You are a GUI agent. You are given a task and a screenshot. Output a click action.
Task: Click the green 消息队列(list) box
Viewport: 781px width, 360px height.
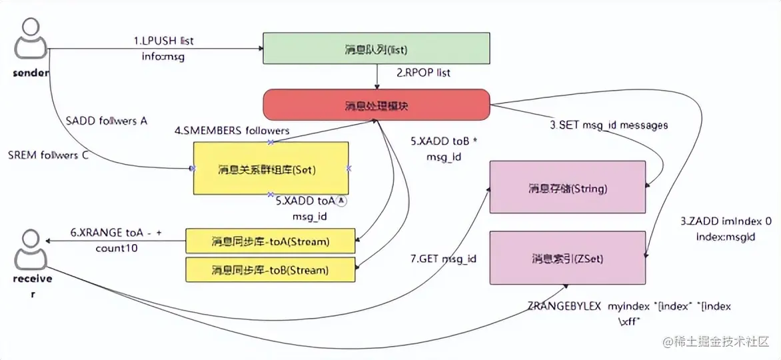point(376,50)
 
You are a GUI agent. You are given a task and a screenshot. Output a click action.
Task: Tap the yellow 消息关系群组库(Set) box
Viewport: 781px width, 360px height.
point(270,169)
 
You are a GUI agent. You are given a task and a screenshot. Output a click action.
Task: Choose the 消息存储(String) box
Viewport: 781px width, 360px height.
point(568,188)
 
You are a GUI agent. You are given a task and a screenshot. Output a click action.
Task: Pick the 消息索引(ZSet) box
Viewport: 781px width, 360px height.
point(568,257)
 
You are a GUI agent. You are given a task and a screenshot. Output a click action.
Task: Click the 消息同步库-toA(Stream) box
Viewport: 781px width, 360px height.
point(270,240)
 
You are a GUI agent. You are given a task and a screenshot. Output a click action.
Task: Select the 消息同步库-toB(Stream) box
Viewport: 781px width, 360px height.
point(270,270)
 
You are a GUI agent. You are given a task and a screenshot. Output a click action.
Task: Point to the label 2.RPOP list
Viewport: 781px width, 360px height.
point(423,72)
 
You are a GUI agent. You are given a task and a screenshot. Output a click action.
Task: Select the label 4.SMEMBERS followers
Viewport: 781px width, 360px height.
point(232,131)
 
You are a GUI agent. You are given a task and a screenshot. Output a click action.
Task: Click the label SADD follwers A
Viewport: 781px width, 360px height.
point(107,121)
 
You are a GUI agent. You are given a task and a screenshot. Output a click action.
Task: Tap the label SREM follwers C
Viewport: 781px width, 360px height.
point(48,156)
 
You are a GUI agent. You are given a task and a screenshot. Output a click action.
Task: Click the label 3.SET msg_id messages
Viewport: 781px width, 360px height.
point(608,125)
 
